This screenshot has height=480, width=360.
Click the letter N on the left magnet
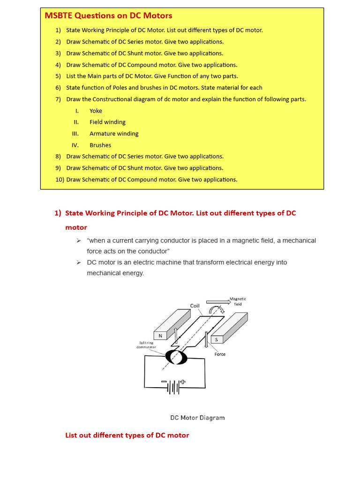pos(160,336)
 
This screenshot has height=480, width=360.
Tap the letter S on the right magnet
pos(217,339)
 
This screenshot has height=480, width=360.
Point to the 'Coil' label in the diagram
pos(195,306)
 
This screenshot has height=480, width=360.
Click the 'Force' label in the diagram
pos(220,354)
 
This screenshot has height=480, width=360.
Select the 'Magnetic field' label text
pos(238,301)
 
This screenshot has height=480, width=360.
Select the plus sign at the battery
pos(183,382)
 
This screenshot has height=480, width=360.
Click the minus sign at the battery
pos(164,382)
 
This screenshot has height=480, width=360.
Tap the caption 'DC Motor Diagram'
pos(197,418)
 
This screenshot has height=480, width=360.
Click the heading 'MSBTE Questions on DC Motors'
pos(108,15)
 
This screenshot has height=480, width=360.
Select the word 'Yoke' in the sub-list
pos(96,111)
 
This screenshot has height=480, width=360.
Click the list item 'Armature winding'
pos(114,134)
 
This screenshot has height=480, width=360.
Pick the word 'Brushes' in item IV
pos(100,145)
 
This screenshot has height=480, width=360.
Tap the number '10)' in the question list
pos(60,179)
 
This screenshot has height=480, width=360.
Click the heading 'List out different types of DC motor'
pos(127,435)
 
